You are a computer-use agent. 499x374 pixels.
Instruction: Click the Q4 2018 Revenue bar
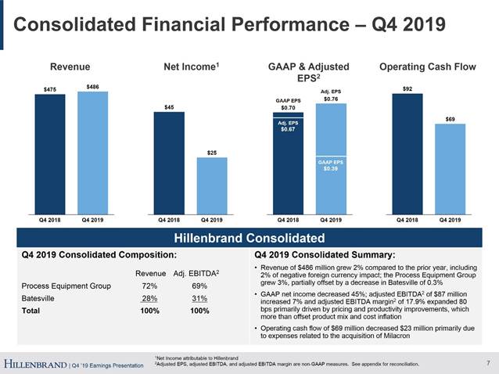point(51,152)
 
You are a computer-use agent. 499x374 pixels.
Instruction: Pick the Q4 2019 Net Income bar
point(211,184)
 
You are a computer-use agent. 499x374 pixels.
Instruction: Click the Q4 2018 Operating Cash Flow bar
point(407,152)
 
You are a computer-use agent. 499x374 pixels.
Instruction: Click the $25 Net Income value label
point(211,152)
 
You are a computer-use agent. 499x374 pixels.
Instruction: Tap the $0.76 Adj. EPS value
point(330,99)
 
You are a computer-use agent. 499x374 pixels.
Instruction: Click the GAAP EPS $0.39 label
point(330,164)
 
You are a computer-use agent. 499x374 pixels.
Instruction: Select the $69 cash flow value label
point(450,118)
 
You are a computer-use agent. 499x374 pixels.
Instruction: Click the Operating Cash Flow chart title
point(427,67)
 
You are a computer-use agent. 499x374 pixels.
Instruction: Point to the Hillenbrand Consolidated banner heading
point(248,238)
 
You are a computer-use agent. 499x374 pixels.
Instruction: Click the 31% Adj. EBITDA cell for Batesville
point(199,298)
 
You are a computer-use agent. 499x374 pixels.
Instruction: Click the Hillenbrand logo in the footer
point(34,364)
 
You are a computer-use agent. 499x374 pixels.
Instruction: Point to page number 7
point(487,362)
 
